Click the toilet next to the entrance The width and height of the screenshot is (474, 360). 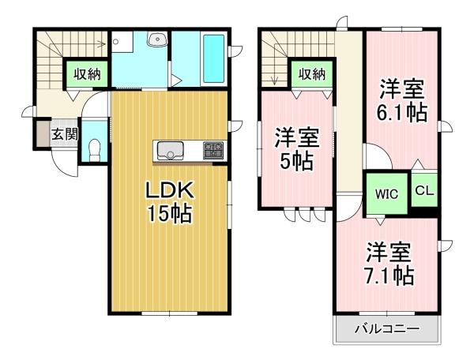[95, 150]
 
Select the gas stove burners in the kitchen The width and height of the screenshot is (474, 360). [213, 150]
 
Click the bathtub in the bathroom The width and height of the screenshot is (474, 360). [214, 58]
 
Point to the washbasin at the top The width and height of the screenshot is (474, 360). [156, 39]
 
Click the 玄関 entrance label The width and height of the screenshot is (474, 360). [65, 133]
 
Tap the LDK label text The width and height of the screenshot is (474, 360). [169, 191]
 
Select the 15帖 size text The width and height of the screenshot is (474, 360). [169, 214]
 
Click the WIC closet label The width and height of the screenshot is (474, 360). [386, 194]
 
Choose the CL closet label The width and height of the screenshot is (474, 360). [424, 190]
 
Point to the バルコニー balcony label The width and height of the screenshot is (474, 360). [387, 328]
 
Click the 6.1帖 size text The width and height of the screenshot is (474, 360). [402, 112]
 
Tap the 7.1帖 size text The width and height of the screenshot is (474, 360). [389, 276]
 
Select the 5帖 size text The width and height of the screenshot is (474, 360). [296, 162]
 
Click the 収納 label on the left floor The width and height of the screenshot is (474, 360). [88, 74]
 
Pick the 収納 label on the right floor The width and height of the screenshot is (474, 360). [312, 74]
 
